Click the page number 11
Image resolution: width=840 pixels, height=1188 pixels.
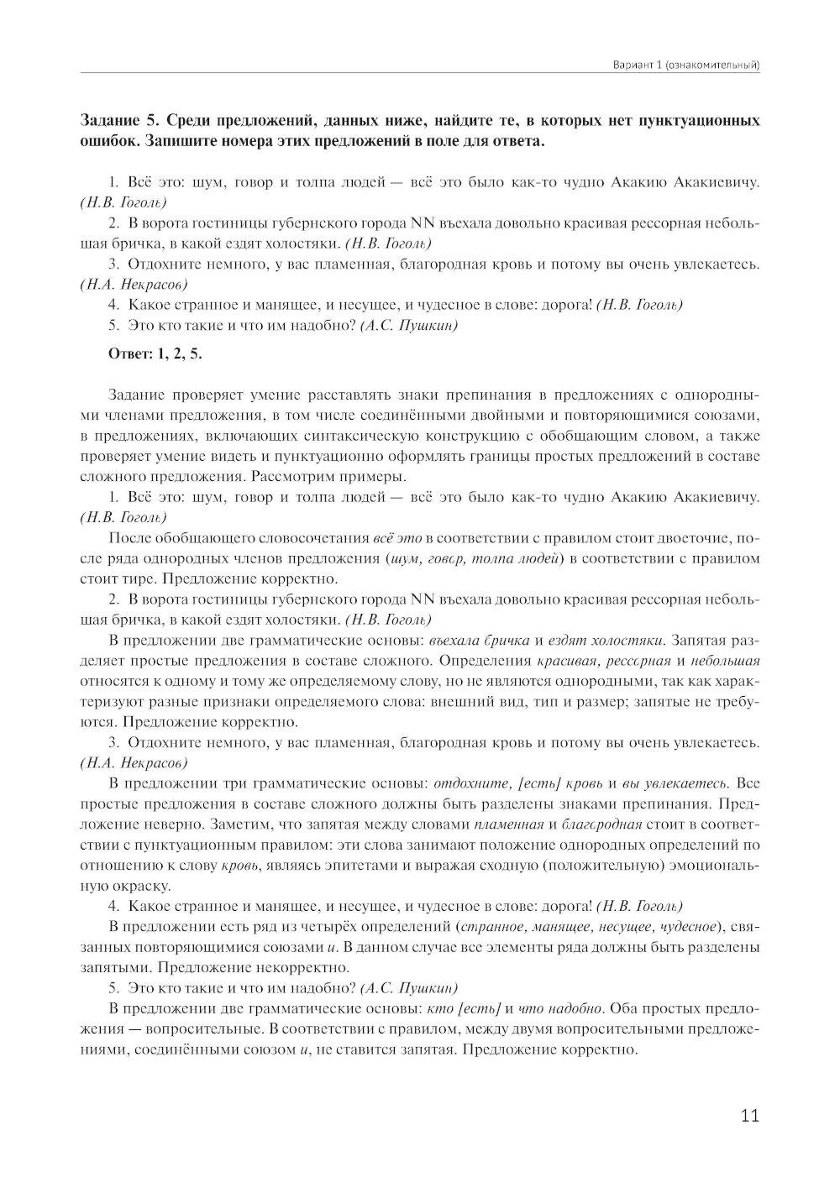[750, 1115]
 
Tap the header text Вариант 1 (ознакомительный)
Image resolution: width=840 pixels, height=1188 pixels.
[688, 65]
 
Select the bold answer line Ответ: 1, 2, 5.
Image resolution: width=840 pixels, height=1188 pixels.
[155, 353]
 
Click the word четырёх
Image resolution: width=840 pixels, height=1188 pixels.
[363, 927]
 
